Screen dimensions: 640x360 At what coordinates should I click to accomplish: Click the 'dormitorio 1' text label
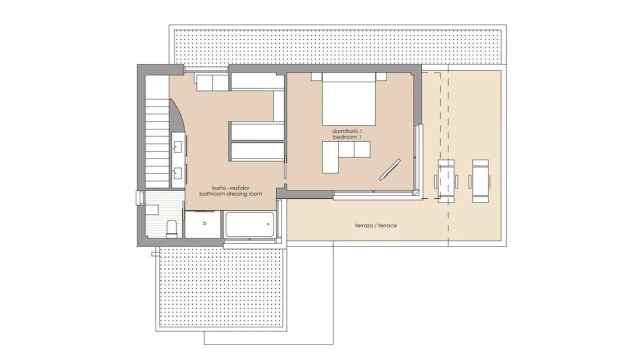[x=347, y=131]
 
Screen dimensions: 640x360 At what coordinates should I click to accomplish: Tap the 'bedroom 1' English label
[x=347, y=137]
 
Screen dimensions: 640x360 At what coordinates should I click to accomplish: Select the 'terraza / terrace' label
[x=376, y=225]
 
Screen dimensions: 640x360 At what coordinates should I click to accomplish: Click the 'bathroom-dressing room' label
[x=231, y=194]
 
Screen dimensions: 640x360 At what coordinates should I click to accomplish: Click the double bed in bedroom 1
[x=349, y=99]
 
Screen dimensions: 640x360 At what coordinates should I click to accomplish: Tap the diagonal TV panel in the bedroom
[x=390, y=169]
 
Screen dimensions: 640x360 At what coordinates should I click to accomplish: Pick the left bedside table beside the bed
[x=317, y=76]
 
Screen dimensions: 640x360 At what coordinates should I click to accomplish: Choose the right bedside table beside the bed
[x=381, y=76]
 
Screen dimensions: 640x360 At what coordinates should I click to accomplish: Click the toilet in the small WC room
[x=172, y=229]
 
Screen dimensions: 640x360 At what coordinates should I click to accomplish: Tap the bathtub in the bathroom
[x=249, y=224]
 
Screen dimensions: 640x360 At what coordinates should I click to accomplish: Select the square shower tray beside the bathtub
[x=203, y=224]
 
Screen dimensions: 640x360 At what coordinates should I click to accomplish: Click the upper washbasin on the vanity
[x=178, y=147]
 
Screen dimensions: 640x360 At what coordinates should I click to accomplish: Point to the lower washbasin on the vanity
[x=178, y=173]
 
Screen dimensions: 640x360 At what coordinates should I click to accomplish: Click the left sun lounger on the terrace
[x=446, y=181]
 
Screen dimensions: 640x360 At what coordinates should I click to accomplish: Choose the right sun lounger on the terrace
[x=480, y=181]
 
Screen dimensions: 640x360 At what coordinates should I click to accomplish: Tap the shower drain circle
[x=204, y=224]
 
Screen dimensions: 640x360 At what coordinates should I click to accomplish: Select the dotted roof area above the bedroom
[x=338, y=46]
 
